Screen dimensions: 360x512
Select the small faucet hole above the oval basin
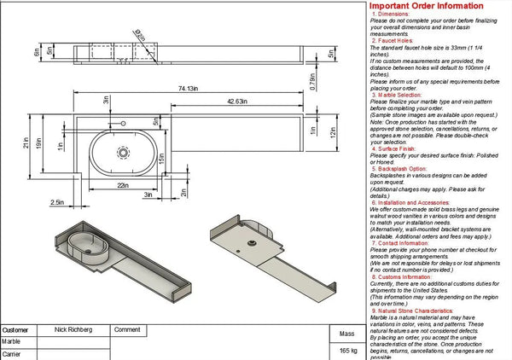131,125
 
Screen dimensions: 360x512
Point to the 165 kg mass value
347,350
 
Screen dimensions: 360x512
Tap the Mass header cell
347,334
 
